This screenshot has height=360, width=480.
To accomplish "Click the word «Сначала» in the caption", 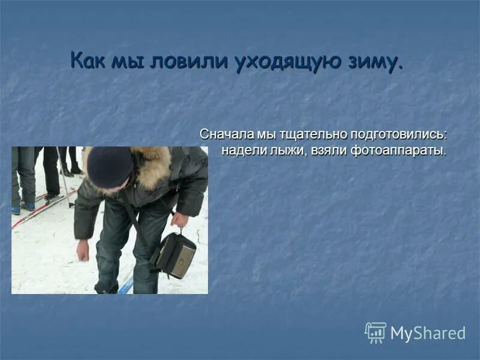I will [x=223, y=135].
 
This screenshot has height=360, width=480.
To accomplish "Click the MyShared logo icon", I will [x=375, y=332].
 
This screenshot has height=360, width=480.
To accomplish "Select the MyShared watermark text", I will [x=428, y=334].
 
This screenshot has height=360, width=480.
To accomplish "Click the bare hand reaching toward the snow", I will [x=83, y=251].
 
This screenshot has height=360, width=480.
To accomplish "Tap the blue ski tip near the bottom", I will [x=126, y=286].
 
